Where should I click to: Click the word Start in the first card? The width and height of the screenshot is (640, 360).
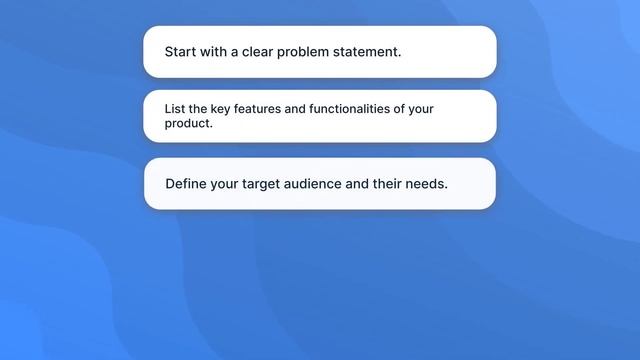(182, 52)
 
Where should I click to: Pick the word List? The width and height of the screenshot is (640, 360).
(175, 109)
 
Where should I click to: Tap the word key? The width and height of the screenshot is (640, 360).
(220, 109)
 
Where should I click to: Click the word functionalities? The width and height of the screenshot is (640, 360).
(356, 109)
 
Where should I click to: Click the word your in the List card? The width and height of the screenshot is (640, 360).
(422, 109)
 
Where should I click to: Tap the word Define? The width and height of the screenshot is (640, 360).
(186, 184)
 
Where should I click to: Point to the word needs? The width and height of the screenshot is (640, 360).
(430, 184)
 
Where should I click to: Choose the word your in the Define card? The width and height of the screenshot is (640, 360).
(225, 184)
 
